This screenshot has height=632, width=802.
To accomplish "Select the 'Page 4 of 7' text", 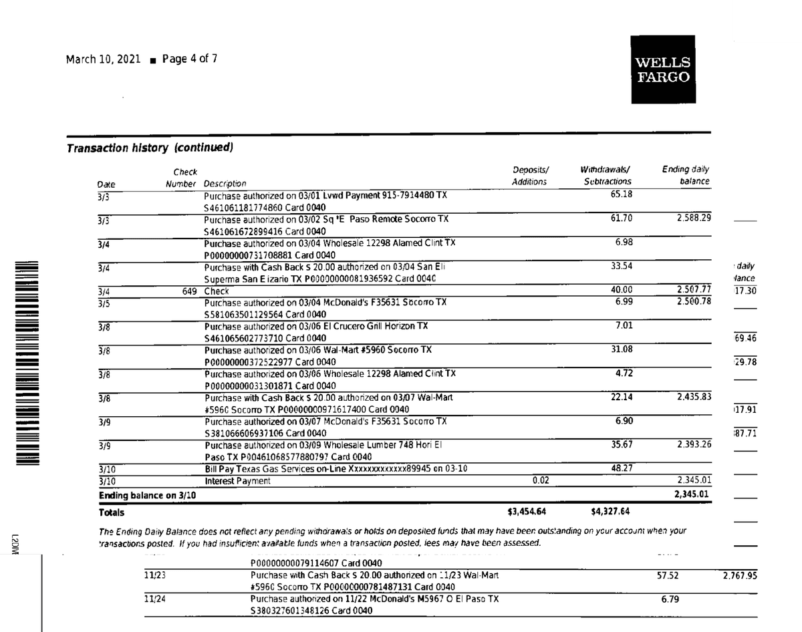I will coord(190,59).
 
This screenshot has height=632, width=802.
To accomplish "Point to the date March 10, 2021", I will coord(103,59).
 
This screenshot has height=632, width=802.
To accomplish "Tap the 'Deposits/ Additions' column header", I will coord(530,176).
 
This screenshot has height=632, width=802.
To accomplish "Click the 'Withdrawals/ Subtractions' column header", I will coord(606,176).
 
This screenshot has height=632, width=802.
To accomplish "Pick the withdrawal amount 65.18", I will coord(622,194).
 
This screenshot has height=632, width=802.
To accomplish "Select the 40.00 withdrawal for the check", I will coord(622,290).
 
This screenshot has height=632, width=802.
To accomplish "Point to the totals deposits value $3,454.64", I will coord(527,513).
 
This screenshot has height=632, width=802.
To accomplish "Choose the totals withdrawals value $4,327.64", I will coord(611,513).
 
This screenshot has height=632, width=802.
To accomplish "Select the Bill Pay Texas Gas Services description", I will coord(335,469).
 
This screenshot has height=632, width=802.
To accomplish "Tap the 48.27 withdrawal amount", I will coord(622,468).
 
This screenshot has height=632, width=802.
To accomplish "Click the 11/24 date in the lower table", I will coord(155,599).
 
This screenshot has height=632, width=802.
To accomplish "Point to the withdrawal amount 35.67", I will coord(622,444).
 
